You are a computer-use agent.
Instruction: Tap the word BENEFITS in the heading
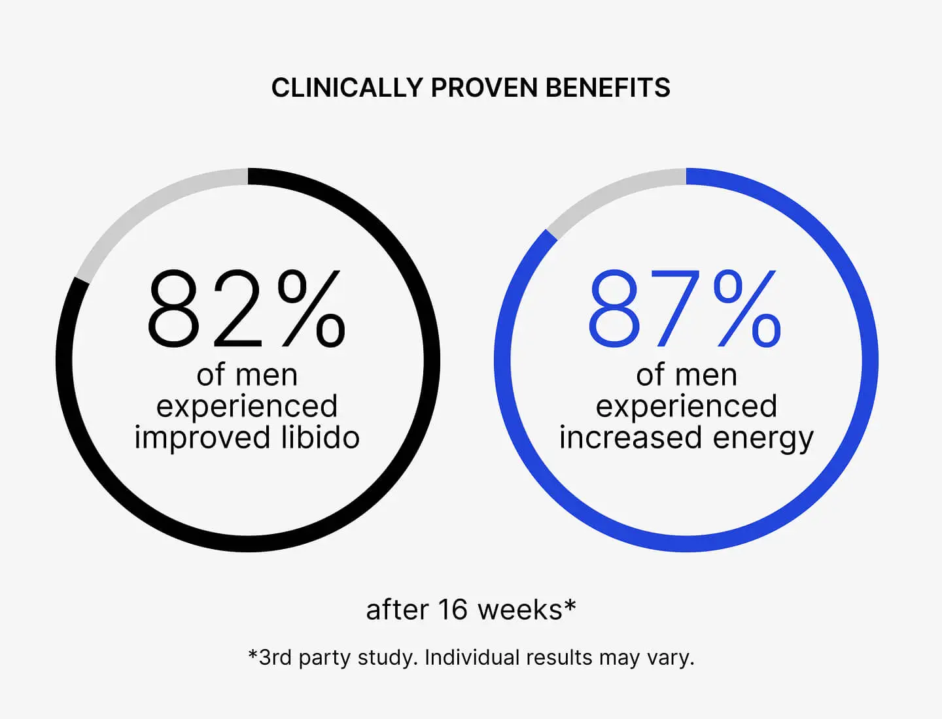pos(608,88)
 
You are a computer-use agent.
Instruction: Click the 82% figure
pos(246,309)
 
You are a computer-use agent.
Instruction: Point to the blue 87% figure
pos(684,309)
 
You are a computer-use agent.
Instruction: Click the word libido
pos(321,437)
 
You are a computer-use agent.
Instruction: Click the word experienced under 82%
pos(247,407)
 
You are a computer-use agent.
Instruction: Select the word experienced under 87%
pos(686,407)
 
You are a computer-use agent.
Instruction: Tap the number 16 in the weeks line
pos(453,610)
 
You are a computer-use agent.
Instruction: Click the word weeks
pos(520,610)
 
